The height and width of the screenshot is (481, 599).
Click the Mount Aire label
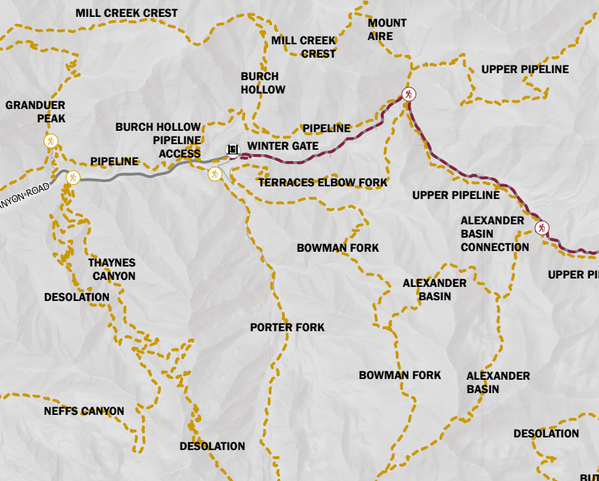(x=387, y=30)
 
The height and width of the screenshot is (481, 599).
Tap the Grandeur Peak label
(x=35, y=112)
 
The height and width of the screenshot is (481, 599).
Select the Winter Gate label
(x=283, y=146)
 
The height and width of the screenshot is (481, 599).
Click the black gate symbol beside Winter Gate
(x=233, y=149)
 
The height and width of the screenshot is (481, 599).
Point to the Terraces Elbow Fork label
(x=323, y=183)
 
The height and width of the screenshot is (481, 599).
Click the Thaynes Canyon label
(x=111, y=269)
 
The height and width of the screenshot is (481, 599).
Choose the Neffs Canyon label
(x=84, y=411)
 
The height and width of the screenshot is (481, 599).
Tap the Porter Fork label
(x=287, y=328)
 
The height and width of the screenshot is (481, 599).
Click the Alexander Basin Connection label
(x=494, y=233)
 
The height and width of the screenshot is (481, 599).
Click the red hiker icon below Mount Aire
(x=408, y=94)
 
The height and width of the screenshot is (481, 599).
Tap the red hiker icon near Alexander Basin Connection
(x=541, y=228)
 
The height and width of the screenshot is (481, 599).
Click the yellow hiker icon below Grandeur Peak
(x=51, y=141)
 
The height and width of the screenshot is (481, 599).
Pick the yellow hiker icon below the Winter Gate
(x=215, y=174)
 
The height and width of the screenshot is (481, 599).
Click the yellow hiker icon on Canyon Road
(x=72, y=177)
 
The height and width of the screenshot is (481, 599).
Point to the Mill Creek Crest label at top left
(x=127, y=13)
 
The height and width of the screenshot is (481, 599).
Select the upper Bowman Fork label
(x=337, y=248)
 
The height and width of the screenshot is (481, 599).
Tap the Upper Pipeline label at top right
(x=524, y=69)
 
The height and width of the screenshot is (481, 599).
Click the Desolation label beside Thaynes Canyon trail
(x=77, y=297)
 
